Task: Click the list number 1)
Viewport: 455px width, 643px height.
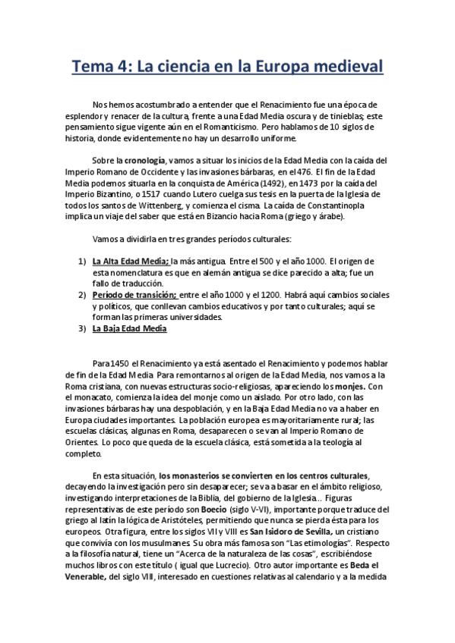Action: pyautogui.click(x=83, y=261)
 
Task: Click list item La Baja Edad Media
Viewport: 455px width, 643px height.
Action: pyautogui.click(x=129, y=328)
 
